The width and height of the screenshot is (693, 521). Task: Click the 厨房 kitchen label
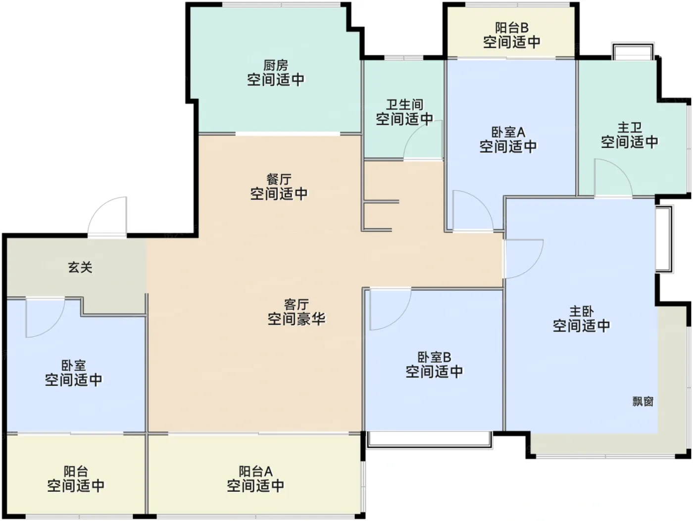tap(276, 66)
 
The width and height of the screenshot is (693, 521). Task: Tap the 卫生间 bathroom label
tap(404, 105)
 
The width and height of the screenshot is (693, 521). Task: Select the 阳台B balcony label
tap(511, 28)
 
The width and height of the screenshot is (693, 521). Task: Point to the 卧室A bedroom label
tap(508, 132)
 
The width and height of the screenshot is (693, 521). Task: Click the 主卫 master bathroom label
tap(630, 128)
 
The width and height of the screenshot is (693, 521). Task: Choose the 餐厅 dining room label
tap(279, 179)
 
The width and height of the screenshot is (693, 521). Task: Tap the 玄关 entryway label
tap(80, 268)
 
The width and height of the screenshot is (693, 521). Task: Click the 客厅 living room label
tap(296, 304)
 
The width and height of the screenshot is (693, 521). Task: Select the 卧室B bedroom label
tap(435, 357)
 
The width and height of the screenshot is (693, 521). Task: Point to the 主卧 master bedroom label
tap(581, 312)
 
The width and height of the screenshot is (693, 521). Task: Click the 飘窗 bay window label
tap(643, 402)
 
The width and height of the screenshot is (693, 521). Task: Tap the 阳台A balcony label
tap(255, 472)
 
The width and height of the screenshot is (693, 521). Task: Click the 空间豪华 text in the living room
tap(297, 319)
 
